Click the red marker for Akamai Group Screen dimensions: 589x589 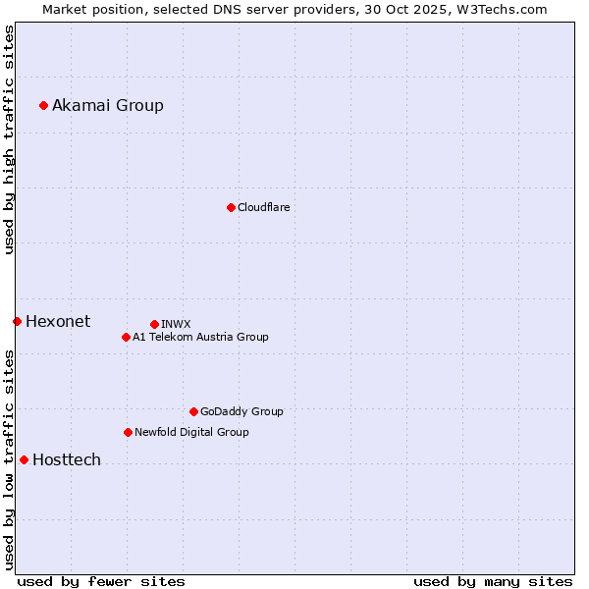[43, 105]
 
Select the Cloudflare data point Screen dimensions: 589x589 [231, 207]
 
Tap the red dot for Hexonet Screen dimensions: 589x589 [17, 321]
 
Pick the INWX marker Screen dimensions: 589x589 [154, 324]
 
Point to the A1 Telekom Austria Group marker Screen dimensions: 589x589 [126, 337]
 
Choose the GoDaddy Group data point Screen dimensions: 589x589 [193, 411]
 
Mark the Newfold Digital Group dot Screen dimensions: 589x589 [128, 432]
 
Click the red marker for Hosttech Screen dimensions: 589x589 [24, 459]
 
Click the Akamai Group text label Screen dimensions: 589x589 [108, 105]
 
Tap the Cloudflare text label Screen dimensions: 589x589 [263, 207]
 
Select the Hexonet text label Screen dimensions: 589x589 [58, 321]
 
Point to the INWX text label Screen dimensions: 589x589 [176, 324]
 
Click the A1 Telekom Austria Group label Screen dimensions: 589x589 [200, 337]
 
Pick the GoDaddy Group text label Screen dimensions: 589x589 [241, 411]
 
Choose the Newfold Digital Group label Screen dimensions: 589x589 [191, 432]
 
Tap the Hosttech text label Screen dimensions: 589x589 [67, 459]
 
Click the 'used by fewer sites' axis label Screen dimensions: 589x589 [101, 581]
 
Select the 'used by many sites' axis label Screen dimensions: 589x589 [493, 581]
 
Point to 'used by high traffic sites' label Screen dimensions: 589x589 [9, 140]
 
